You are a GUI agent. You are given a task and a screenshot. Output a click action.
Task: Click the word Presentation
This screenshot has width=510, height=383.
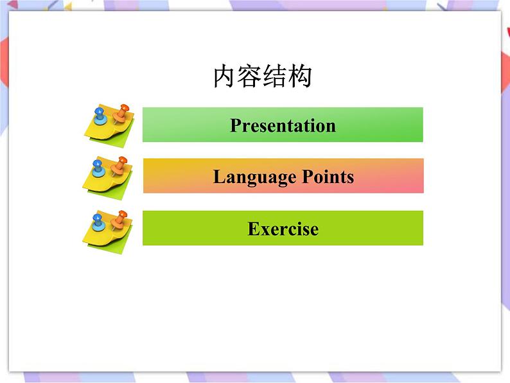point(283,125)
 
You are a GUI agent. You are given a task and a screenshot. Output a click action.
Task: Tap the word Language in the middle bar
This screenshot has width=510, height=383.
point(252,177)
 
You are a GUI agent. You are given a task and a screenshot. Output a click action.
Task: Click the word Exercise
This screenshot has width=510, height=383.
point(283,229)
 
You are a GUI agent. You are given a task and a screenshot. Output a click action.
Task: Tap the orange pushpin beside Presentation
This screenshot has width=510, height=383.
point(121,114)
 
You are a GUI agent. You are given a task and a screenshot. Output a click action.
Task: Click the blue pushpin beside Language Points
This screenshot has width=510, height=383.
point(98,168)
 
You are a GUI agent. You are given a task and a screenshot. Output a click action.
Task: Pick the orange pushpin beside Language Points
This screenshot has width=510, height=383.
point(119,166)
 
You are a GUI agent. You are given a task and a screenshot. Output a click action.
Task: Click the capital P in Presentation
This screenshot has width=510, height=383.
point(235,125)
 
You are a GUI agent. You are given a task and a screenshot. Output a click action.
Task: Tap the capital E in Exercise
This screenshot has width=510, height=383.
point(253,229)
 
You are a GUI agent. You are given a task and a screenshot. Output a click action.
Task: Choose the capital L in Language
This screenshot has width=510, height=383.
point(218,177)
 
